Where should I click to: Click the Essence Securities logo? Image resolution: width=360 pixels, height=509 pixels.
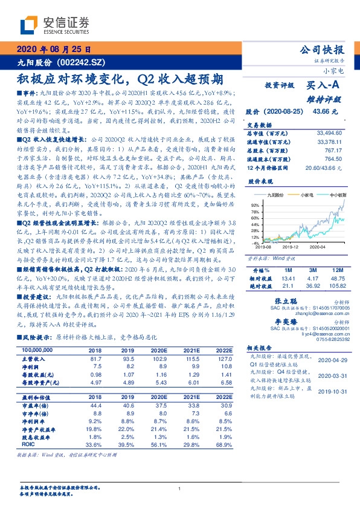tap(54, 25)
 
